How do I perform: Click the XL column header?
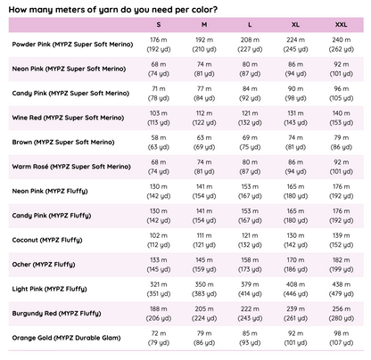[x=295, y=25]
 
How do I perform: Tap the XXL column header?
[x=341, y=25]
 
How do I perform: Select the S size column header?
[x=159, y=25]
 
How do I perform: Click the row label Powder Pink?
[x=72, y=45]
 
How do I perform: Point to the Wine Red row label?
[x=68, y=118]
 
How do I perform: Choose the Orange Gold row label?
[x=66, y=338]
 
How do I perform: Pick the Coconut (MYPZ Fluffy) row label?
[x=47, y=240]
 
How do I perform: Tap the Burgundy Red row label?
[x=56, y=314]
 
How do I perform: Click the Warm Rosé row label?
[x=71, y=167]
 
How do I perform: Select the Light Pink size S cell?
[x=159, y=289]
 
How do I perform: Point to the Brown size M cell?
[x=204, y=143]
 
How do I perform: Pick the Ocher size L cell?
[x=250, y=265]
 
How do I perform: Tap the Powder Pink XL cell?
[x=295, y=45]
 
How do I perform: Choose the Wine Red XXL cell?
[x=341, y=118]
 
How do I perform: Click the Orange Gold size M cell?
[x=204, y=338]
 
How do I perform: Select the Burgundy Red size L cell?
[x=250, y=314]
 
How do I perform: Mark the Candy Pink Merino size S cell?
[x=159, y=94]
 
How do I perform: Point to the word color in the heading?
[x=205, y=10]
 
